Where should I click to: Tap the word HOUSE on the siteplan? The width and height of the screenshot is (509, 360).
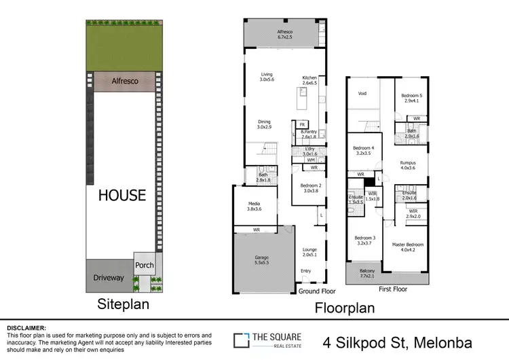click(x=122, y=195)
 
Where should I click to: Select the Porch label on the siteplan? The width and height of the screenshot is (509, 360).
click(x=145, y=265)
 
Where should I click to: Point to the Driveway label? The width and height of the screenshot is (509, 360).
click(x=108, y=277)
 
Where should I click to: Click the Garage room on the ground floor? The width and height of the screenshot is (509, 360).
click(x=261, y=260)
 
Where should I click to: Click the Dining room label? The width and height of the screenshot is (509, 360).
click(x=264, y=124)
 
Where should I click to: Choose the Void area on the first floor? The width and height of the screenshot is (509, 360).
click(x=362, y=94)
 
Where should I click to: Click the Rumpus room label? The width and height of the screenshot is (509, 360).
click(x=408, y=166)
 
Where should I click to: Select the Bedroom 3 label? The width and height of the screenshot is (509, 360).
click(x=365, y=240)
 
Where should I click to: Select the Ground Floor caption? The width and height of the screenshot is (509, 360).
click(x=318, y=291)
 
